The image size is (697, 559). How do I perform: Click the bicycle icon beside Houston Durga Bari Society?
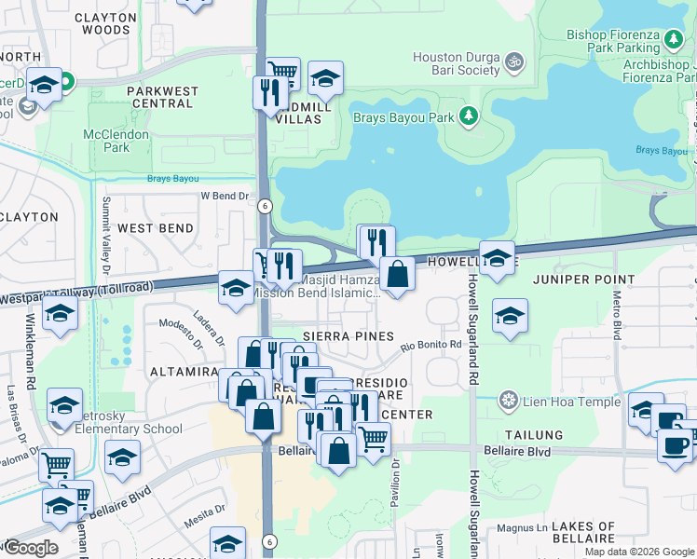point(513,61)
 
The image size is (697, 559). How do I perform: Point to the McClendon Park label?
point(116,141)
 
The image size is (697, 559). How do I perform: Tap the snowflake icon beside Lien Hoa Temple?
point(508,401)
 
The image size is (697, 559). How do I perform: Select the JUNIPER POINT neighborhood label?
point(583,279)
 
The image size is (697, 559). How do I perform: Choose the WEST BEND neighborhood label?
point(156,228)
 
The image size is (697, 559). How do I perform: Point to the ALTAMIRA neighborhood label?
point(184,372)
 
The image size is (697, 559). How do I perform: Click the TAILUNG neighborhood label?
point(534,435)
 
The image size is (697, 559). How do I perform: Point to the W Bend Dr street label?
point(226,197)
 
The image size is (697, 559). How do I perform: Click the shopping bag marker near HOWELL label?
point(398,275)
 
